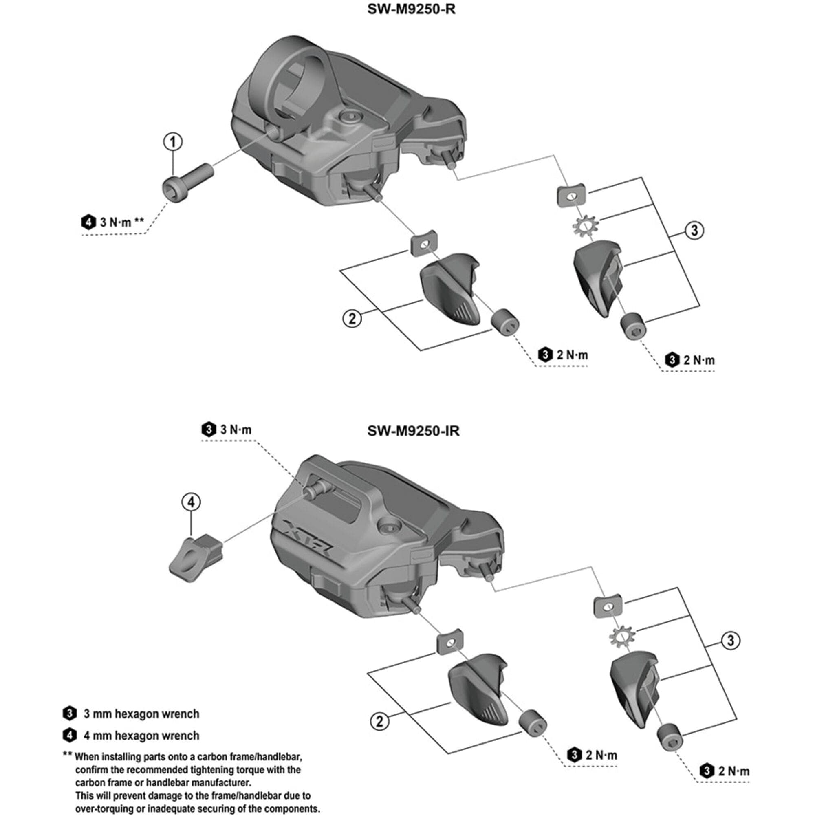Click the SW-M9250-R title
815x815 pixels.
(411, 9)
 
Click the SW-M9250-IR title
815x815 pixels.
(413, 431)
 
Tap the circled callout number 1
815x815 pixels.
(173, 142)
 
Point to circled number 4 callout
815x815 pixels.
(191, 502)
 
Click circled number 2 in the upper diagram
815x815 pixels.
(352, 319)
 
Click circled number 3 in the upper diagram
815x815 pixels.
(694, 230)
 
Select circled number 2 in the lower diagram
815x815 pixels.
(380, 721)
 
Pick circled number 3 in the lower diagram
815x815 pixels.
(730, 640)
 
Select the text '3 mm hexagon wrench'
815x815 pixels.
(141, 714)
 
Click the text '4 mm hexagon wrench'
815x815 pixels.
(141, 736)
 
